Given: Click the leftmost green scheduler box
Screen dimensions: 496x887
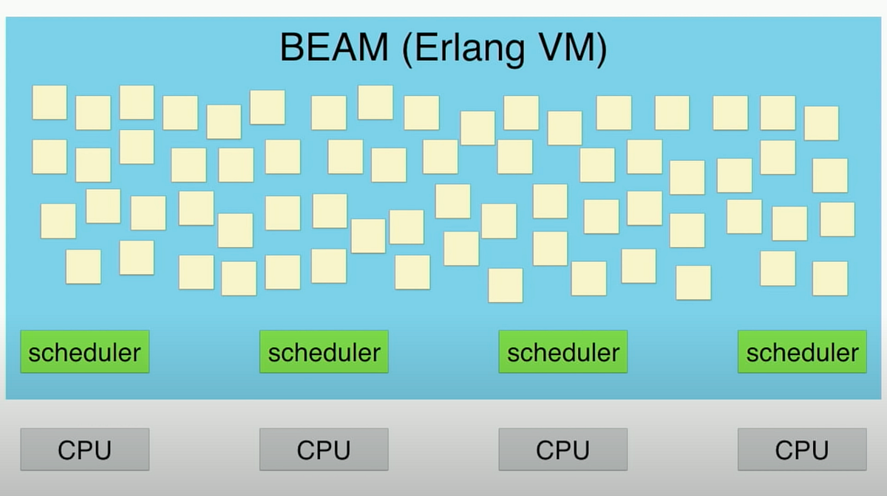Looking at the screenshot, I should [84, 352].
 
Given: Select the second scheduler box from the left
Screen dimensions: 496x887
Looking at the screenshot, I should [324, 352].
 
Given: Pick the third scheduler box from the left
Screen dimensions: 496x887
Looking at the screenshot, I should [563, 352].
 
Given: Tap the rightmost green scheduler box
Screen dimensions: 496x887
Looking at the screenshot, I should [802, 352].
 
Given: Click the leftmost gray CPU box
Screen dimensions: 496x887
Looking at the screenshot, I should [84, 449].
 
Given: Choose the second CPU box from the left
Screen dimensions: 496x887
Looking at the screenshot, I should [324, 449].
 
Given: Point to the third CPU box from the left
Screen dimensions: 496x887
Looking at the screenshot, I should [563, 449].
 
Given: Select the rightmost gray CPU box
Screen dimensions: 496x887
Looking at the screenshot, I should [802, 449].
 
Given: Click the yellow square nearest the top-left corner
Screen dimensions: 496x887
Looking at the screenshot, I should [50, 103].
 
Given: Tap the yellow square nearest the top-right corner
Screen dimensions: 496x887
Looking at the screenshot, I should [821, 123].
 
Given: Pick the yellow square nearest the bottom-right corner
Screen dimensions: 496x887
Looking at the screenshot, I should [830, 278].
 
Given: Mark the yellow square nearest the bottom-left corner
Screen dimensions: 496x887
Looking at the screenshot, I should [83, 266].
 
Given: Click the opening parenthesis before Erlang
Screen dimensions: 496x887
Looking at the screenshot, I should [409, 49].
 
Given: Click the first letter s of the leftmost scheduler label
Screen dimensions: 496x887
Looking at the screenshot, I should [34, 354].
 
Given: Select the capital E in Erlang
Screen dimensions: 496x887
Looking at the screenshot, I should [428, 48].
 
